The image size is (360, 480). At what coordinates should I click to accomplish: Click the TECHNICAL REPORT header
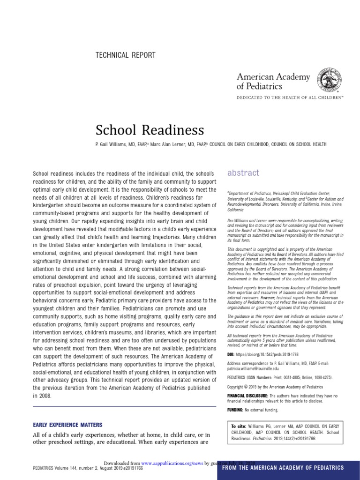click(x=125, y=55)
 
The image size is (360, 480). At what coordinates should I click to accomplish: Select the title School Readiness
click(x=150, y=130)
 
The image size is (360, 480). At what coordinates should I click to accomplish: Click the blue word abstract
click(x=243, y=173)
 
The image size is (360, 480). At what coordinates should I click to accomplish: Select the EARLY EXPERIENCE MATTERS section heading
click(x=67, y=425)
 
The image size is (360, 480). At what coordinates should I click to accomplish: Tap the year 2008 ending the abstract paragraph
click(x=40, y=396)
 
